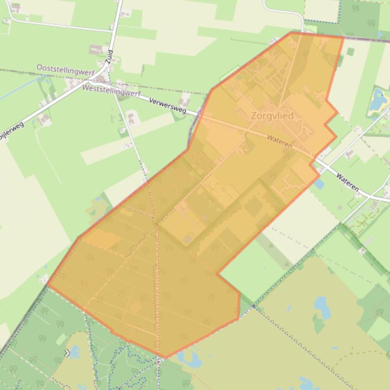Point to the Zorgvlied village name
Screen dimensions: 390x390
coord(272,116)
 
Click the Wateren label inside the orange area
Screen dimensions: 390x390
coord(279,141)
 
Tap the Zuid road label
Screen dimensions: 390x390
coord(109,56)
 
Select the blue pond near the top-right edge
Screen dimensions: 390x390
coord(377,99)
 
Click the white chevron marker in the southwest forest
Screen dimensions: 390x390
coord(67,353)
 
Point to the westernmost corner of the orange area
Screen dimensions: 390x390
coord(49,284)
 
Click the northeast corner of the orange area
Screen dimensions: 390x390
coord(343,37)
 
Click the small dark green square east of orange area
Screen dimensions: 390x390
coord(350,51)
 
